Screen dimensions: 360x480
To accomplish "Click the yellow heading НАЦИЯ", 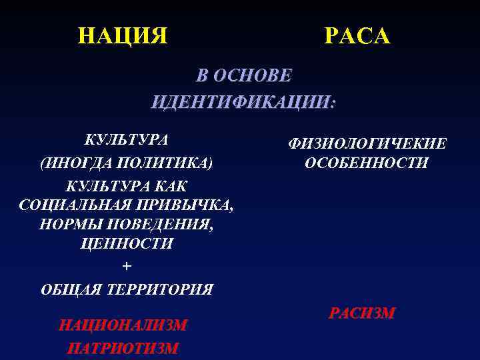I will click(x=123, y=35).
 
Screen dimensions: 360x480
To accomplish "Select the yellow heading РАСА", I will click(x=357, y=35).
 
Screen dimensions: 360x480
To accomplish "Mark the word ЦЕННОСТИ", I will click(x=127, y=243).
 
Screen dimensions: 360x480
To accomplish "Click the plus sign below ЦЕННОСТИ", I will click(x=127, y=267).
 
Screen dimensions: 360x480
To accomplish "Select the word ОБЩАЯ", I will click(x=69, y=289).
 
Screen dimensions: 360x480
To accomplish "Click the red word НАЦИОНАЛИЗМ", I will click(x=123, y=325).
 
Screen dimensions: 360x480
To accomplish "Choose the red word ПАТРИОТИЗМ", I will click(x=123, y=348).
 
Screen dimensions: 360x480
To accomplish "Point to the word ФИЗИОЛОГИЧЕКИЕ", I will click(x=367, y=144).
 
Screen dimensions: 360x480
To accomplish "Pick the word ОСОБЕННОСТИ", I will click(x=366, y=163).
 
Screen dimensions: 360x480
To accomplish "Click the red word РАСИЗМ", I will click(x=362, y=312).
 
